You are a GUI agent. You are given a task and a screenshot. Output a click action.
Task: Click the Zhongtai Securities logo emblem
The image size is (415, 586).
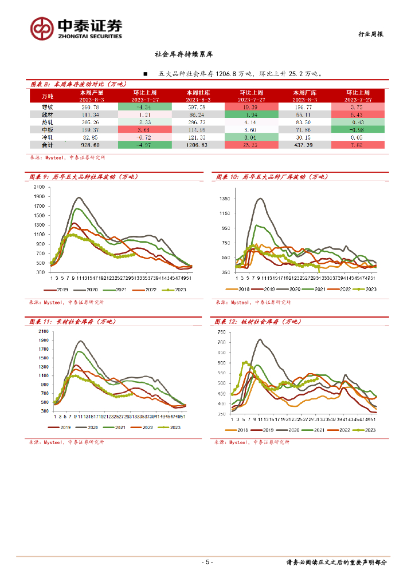click(42, 28)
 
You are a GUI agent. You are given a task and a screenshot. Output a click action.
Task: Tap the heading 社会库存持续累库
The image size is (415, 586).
click(184, 56)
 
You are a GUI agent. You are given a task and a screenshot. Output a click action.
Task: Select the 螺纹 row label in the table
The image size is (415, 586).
click(47, 107)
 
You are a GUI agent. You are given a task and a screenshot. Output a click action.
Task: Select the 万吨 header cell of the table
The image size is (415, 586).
click(47, 95)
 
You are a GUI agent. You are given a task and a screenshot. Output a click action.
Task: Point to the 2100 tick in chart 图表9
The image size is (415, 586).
click(40, 187)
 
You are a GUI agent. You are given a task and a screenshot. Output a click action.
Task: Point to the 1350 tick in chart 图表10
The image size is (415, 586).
click(225, 199)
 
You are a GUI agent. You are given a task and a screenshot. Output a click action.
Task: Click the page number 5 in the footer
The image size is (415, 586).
click(207, 562)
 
